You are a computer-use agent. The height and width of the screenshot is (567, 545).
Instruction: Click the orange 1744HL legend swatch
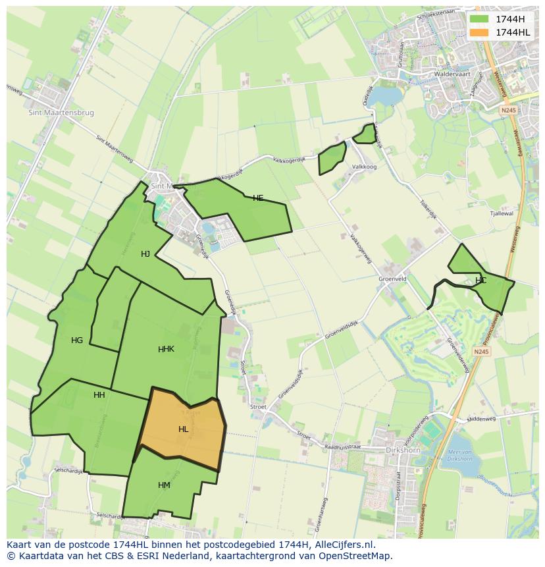point(479,32)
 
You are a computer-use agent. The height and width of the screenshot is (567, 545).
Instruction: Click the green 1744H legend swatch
point(479,18)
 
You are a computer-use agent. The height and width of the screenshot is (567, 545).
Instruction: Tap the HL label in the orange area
point(183,429)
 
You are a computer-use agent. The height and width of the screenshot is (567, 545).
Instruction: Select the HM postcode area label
point(164,485)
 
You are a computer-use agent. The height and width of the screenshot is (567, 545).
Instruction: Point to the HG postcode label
point(77,340)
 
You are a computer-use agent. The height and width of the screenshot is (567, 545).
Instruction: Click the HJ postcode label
point(145,254)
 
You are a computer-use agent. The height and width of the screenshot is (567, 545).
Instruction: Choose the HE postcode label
point(258,198)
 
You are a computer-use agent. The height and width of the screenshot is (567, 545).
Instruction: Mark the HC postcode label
point(480,281)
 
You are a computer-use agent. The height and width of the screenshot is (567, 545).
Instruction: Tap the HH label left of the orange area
point(99,395)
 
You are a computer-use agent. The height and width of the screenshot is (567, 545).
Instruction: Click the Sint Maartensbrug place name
point(61,113)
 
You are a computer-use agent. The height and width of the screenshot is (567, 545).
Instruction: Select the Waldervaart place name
point(455,74)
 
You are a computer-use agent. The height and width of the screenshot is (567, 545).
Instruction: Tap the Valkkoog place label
point(364,167)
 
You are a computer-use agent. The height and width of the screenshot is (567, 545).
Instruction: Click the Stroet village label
point(258,407)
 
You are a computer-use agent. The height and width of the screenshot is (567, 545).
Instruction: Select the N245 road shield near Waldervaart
point(507,111)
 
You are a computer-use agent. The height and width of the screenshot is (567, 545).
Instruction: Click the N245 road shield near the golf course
point(481,352)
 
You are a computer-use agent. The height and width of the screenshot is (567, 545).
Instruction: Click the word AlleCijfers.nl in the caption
point(343,545)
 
